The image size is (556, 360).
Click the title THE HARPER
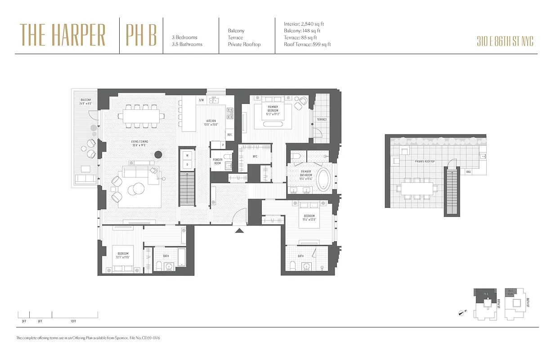[63, 35]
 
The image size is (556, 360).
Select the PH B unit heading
[141, 35]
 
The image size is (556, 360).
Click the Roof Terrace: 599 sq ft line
[307, 45]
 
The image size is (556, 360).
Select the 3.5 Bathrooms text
[187, 44]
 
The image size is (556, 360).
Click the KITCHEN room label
[211, 122]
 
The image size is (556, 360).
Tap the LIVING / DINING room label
[139, 143]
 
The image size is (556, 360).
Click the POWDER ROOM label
[217, 162]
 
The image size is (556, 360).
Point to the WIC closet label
[255, 156]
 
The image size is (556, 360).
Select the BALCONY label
[86, 101]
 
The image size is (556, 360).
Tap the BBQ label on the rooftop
[468, 171]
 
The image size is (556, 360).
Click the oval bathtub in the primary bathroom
[323, 180]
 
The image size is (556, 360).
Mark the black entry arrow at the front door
[240, 231]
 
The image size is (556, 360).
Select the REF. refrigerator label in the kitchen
[229, 135]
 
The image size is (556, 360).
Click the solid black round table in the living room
[158, 155]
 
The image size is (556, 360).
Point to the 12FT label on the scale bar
[73, 321]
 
